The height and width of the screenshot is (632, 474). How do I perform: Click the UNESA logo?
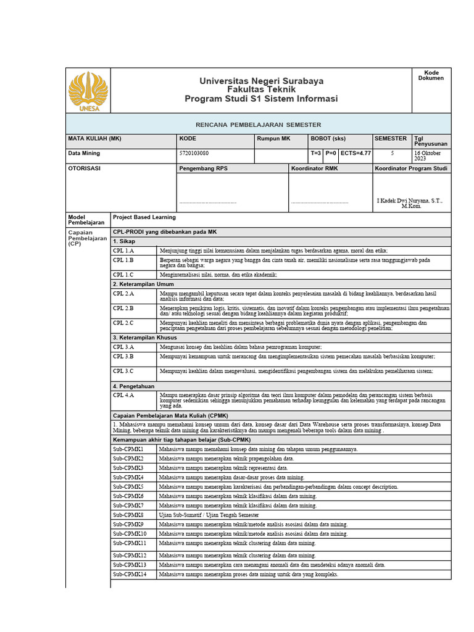pyautogui.click(x=88, y=91)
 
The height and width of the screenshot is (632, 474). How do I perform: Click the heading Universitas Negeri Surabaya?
pyautogui.click(x=261, y=81)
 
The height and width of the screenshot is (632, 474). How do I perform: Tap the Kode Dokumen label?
pyautogui.click(x=431, y=75)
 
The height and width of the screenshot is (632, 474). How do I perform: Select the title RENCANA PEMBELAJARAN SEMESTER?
pyautogui.click(x=258, y=125)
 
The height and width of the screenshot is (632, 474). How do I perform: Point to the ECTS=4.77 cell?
pyautogui.click(x=355, y=153)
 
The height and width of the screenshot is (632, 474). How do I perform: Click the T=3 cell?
pyautogui.click(x=316, y=153)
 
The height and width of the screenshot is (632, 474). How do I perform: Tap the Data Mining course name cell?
pyautogui.click(x=84, y=153)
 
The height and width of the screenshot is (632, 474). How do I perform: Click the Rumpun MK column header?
pyautogui.click(x=273, y=139)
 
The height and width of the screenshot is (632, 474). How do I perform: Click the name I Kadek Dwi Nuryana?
pyautogui.click(x=409, y=201)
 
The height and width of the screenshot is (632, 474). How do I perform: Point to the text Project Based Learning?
pyautogui.click(x=144, y=217)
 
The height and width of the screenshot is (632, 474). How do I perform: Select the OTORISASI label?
pyautogui.click(x=84, y=168)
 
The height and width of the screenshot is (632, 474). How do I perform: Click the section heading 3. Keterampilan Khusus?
pyautogui.click(x=144, y=338)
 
